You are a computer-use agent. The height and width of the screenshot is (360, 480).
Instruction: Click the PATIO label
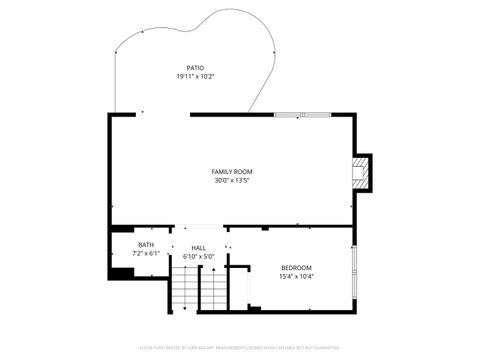click(x=195, y=68)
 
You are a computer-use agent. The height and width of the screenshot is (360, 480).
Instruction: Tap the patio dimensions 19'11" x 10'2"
click(x=195, y=77)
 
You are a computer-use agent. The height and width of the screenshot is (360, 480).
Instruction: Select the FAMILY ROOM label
click(x=231, y=172)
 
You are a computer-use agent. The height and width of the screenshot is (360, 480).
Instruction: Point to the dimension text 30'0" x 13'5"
click(x=231, y=181)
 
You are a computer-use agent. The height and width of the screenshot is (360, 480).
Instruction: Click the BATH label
click(x=146, y=245)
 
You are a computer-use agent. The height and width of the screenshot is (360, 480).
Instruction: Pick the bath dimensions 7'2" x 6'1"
click(x=146, y=254)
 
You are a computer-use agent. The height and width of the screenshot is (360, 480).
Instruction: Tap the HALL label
click(x=198, y=248)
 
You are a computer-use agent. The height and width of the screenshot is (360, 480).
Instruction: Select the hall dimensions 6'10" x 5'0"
click(x=198, y=257)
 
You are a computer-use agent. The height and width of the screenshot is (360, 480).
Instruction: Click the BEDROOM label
click(x=296, y=267)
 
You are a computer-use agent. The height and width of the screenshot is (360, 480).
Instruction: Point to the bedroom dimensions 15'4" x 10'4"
click(x=296, y=276)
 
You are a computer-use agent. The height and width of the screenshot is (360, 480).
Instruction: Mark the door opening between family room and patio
click(x=165, y=115)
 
